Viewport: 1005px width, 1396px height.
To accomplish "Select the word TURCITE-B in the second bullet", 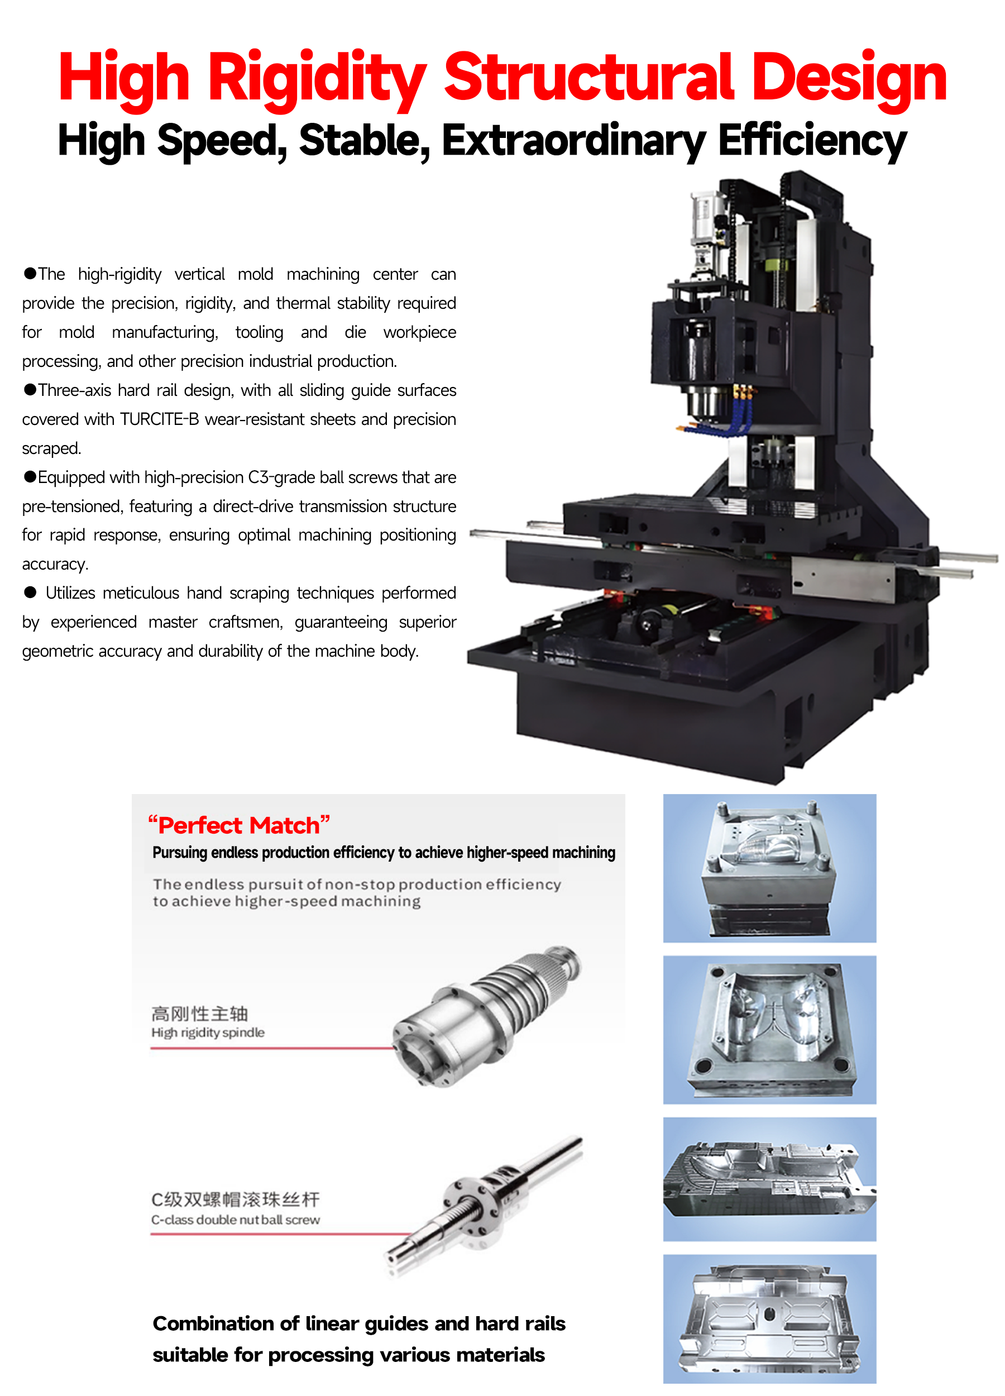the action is point(159,419).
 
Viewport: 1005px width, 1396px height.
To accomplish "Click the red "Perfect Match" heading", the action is point(240,825).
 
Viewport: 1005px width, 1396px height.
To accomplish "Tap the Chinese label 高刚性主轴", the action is point(199,1013).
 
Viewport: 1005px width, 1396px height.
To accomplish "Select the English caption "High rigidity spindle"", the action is point(208,1033).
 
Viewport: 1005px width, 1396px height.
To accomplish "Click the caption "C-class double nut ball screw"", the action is point(236,1220).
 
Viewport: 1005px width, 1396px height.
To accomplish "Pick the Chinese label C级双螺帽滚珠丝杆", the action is point(236,1199).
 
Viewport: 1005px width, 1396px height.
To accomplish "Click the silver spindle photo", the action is point(486,1016).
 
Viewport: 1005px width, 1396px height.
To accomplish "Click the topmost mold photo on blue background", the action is point(769,868).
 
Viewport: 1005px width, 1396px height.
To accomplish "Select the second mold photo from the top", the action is point(769,1030).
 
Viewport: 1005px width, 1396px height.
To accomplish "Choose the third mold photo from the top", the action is point(769,1179).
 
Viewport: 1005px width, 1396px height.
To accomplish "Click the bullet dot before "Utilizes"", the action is point(30,592).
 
